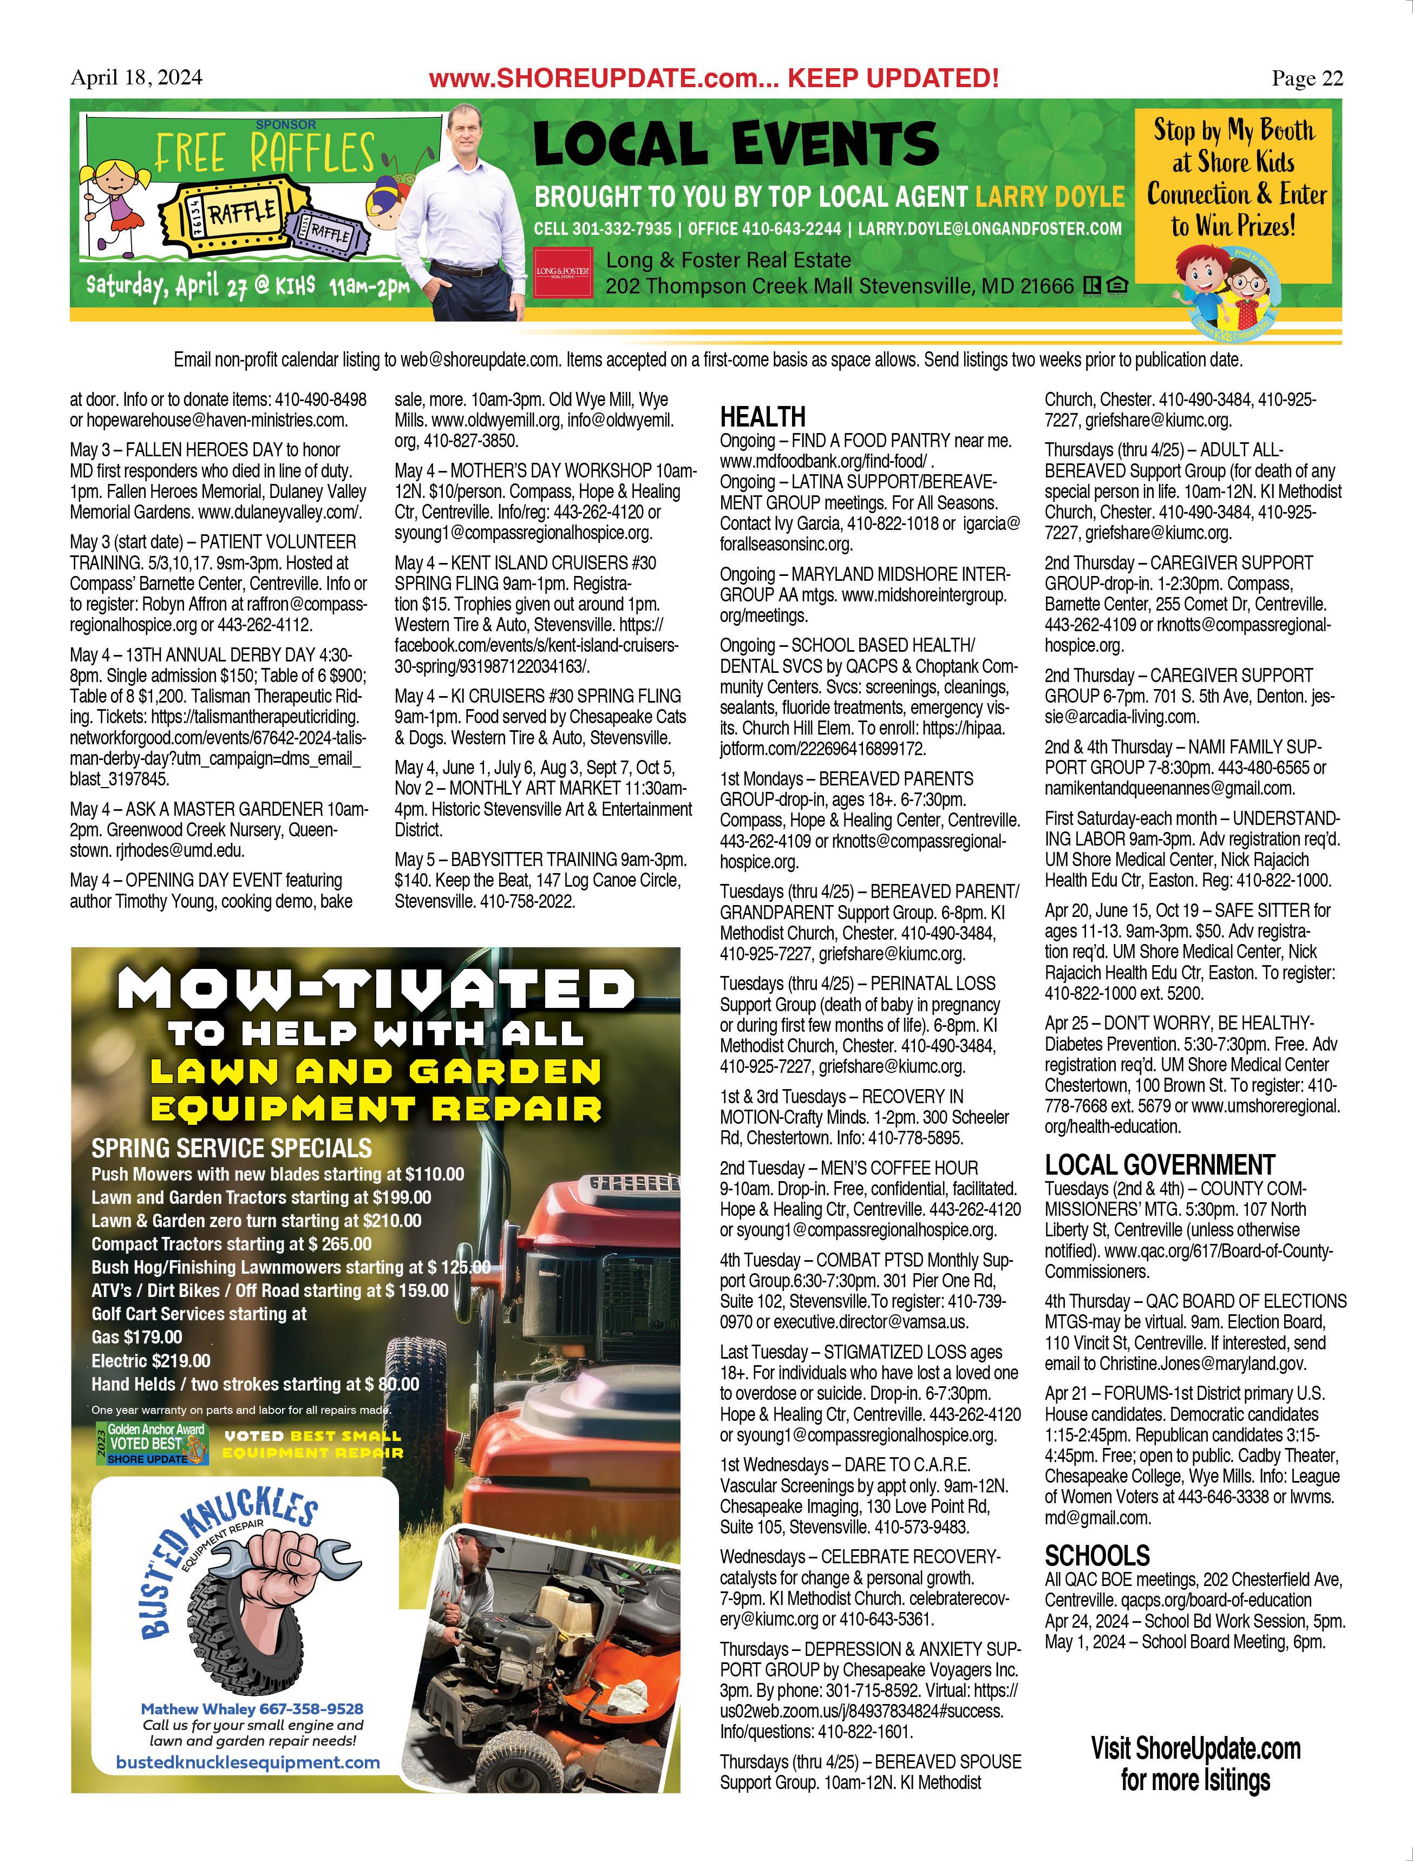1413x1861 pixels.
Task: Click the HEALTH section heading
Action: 762,416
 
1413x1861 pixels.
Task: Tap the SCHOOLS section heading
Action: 1097,1556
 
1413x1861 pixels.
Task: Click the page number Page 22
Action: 1307,78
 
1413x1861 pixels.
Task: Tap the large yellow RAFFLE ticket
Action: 237,211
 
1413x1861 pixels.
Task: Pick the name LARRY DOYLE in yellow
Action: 1049,197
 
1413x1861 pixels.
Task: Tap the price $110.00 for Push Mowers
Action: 434,1174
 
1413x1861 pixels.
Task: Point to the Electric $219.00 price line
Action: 152,1360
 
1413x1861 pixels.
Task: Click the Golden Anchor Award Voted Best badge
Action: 152,1444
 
